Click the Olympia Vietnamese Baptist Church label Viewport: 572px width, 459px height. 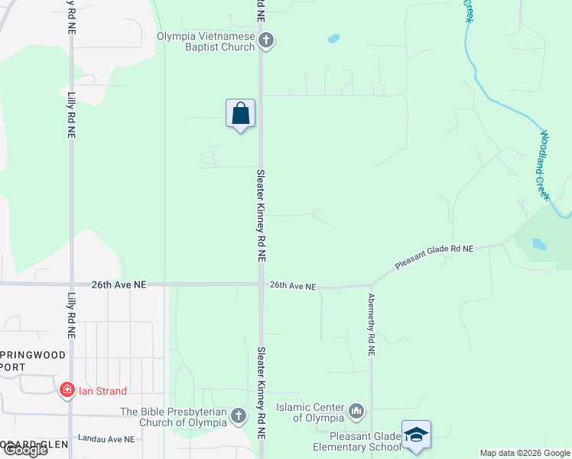click(206, 41)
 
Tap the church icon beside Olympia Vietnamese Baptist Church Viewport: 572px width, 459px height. click(266, 41)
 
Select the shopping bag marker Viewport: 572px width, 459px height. click(240, 114)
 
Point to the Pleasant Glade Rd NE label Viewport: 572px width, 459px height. click(434, 257)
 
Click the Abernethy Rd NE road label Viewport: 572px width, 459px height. click(371, 324)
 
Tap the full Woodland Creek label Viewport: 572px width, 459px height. click(544, 165)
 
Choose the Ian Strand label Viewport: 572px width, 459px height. click(102, 391)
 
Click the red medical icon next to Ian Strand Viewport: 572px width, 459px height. click(67, 391)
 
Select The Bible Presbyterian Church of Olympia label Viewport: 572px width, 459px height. click(174, 417)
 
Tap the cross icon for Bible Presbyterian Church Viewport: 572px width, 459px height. click(239, 416)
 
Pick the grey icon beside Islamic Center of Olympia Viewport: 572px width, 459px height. click(356, 412)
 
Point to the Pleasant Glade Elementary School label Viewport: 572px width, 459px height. click(356, 441)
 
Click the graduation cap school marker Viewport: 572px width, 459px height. click(416, 435)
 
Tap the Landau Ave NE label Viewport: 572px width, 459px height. click(106, 439)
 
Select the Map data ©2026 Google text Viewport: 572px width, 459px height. click(524, 453)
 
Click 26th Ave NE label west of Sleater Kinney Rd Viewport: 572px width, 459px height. click(119, 284)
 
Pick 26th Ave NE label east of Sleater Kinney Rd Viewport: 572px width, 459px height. click(293, 286)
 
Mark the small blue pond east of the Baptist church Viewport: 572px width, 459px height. click(333, 38)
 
